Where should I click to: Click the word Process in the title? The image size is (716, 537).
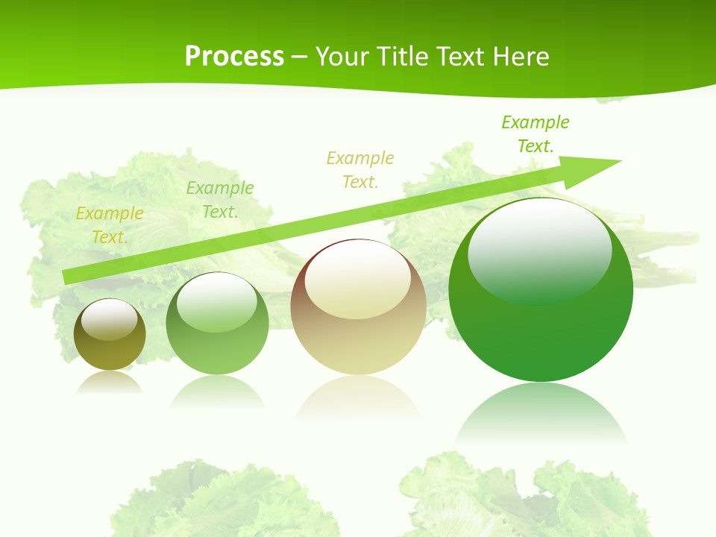click(x=234, y=57)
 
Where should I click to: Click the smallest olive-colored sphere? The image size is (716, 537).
click(x=110, y=335)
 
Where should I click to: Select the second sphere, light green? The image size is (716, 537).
click(x=217, y=324)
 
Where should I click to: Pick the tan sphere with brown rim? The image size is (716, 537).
click(x=358, y=307)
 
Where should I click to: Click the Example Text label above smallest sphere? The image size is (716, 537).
click(x=110, y=225)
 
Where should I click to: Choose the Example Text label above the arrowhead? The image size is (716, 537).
click(x=536, y=134)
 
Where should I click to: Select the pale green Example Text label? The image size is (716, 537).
click(x=220, y=200)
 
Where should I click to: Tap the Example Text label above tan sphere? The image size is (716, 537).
click(x=360, y=170)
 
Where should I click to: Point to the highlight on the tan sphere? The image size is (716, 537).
click(x=358, y=280)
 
